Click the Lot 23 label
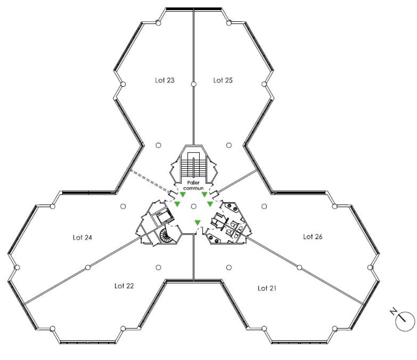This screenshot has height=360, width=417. pos(165,80)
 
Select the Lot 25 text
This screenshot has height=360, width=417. pos(223,80)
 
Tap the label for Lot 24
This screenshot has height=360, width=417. pos(82,238)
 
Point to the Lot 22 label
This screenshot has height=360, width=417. pos(124,286)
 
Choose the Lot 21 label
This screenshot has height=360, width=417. pos(267,288)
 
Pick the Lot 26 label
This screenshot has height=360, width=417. pos(313,237)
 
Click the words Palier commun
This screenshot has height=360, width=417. pos(193,185)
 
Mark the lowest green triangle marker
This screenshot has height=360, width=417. pos(198,223)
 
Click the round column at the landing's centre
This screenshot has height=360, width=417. pos(194,206)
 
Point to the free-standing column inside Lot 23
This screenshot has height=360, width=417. pos(158,145)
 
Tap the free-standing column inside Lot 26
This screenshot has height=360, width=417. pos(264,206)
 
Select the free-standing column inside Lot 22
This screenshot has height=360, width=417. pos(158,267)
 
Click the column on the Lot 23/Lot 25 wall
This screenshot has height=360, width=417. pos(194,84)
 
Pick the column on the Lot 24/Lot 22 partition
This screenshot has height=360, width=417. pos(88,267)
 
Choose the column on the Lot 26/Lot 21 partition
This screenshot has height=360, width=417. pos(299,267)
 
